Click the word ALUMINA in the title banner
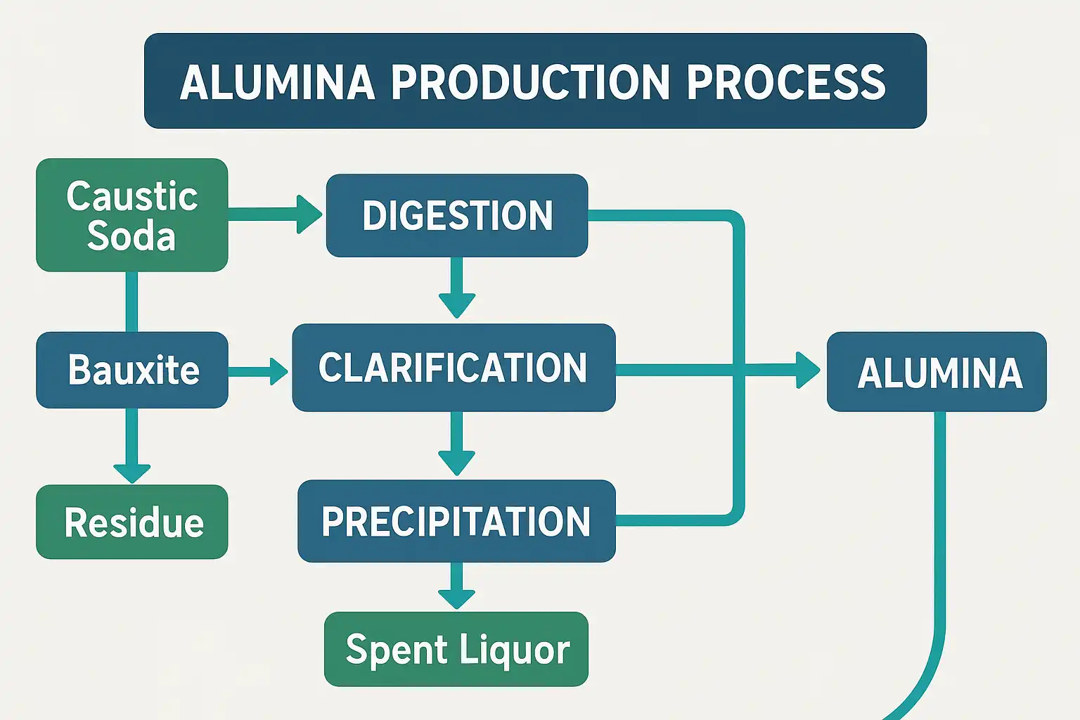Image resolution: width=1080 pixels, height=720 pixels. coord(277,82)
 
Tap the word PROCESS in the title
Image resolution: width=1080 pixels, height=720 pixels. coord(785,82)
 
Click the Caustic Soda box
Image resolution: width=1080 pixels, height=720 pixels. coord(132,215)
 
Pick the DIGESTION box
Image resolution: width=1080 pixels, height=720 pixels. coord(457,215)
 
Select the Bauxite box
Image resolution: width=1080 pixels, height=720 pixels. coord(132,370)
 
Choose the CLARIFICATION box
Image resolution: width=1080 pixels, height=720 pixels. coord(454,368)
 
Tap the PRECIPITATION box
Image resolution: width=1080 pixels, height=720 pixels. coord(456,521)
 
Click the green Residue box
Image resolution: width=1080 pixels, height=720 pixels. coord(132,522)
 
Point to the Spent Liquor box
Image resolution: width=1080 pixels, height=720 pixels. coord(456,649)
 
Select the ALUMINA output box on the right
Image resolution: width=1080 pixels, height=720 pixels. coord(937,372)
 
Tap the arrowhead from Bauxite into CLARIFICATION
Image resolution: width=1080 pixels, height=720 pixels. coord(278,371)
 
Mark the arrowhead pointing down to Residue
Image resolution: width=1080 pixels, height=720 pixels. coord(132,472)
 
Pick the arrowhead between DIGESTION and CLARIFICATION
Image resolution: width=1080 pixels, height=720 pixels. coord(457,305)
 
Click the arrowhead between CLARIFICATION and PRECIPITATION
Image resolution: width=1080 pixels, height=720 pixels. coord(457,463)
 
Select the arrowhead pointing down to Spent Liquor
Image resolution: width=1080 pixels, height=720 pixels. coord(457,598)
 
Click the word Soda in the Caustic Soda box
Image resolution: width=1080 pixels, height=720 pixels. coord(131,236)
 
